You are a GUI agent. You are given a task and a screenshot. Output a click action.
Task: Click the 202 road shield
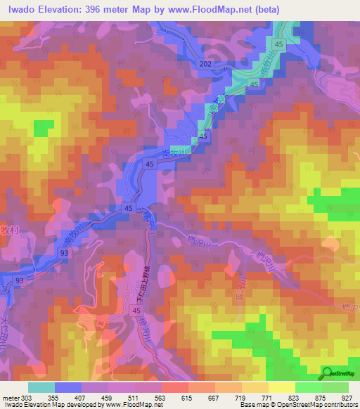coord(205,63)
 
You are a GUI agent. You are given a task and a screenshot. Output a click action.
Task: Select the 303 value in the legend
coord(26,398)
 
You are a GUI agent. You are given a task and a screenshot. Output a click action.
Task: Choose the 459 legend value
coord(107,398)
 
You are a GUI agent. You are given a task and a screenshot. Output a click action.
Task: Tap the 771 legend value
coord(267,398)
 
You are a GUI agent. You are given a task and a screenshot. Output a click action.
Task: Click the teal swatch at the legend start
coord(41,387)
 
